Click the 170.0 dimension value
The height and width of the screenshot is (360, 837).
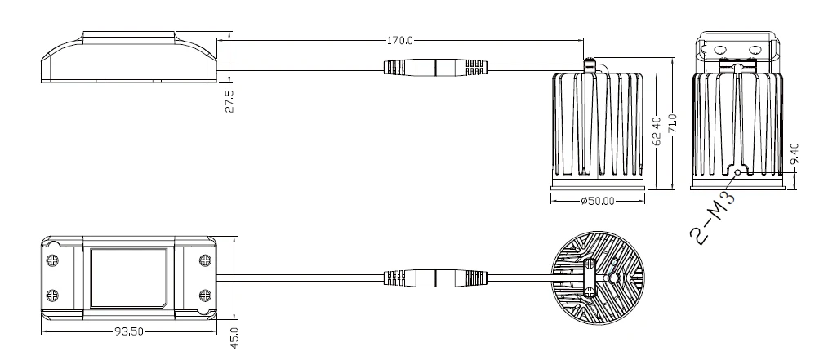click(400, 38)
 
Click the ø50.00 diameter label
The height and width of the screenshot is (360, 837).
click(598, 200)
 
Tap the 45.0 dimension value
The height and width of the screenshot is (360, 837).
click(232, 336)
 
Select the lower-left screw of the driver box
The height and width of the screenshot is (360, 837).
click(54, 294)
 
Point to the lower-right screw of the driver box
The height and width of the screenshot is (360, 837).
click(204, 294)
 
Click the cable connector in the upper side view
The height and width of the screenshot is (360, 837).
click(436, 68)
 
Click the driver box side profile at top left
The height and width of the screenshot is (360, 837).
click(128, 57)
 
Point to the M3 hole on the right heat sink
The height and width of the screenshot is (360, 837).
click(738, 173)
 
